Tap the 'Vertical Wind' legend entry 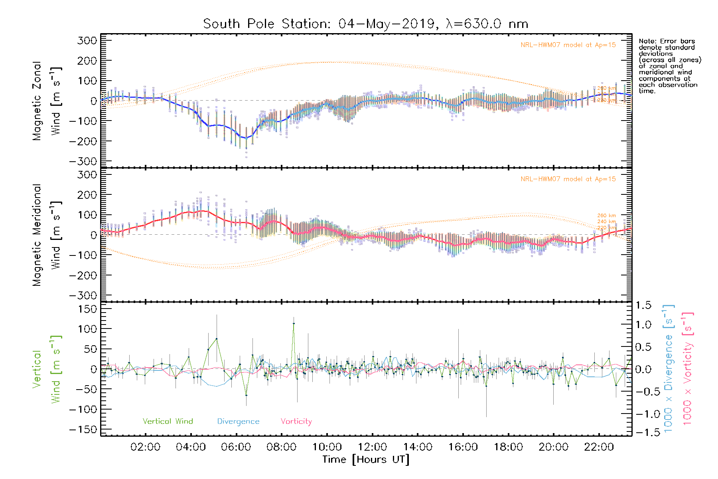coord(168,421)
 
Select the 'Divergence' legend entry coord(238,421)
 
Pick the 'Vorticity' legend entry coord(296,421)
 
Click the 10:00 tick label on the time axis coord(327,447)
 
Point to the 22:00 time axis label coord(599,447)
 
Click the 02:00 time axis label coord(145,447)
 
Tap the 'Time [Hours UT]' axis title coord(366,459)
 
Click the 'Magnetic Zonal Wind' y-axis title coord(46,101)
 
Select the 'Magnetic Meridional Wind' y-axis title coord(46,235)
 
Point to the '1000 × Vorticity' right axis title coord(688,369)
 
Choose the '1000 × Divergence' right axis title coord(669,369)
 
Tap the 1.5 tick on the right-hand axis coord(643,305)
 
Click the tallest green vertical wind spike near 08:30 coord(294,323)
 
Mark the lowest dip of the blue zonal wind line coord(246,138)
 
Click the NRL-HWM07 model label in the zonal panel coord(568,45)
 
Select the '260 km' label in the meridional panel coord(606,216)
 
